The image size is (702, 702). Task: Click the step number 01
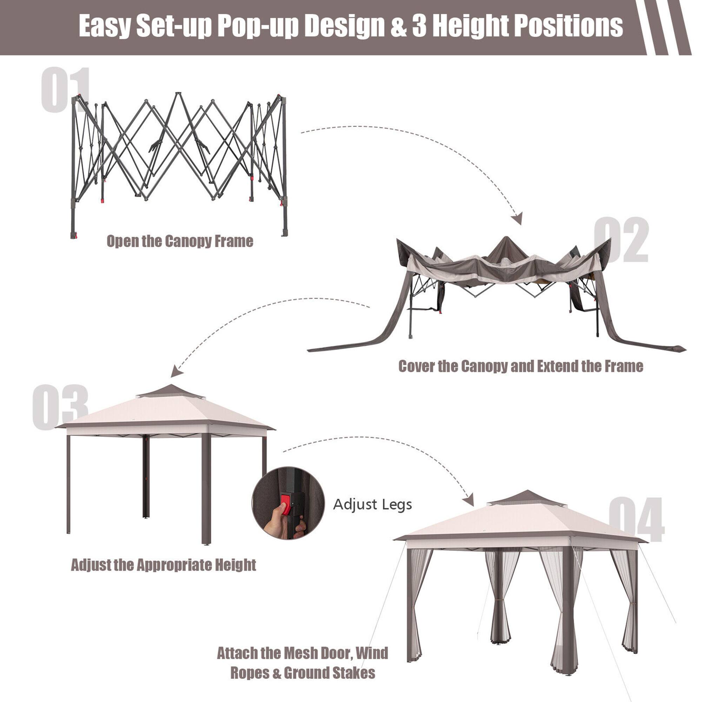(x=65, y=90)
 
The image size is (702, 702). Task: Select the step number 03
(x=60, y=407)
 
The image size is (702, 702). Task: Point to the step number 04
(x=636, y=519)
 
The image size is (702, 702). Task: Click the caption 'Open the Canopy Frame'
(x=180, y=241)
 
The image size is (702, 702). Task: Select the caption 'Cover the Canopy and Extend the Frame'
(x=521, y=366)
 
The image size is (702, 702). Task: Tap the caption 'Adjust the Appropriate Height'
(x=164, y=565)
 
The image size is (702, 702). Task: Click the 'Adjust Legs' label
(x=372, y=504)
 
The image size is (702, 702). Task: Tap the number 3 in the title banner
(x=419, y=26)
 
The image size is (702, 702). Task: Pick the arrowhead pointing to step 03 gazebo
(x=176, y=371)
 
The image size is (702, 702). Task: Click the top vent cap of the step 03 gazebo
(x=170, y=392)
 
